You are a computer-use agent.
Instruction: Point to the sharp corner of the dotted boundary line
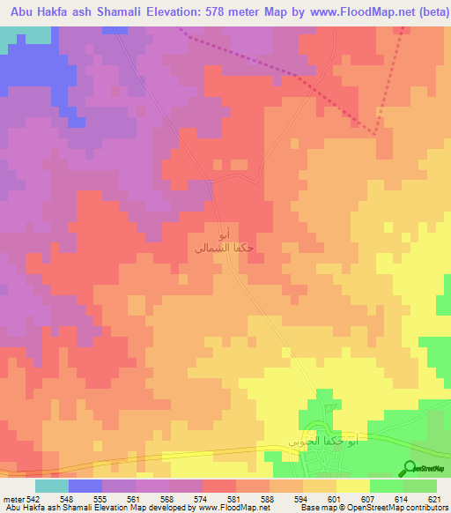click(376, 133)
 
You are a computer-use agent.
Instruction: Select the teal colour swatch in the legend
click(51, 486)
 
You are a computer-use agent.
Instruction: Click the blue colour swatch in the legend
click(85, 486)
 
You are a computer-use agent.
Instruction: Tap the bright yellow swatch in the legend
click(352, 486)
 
